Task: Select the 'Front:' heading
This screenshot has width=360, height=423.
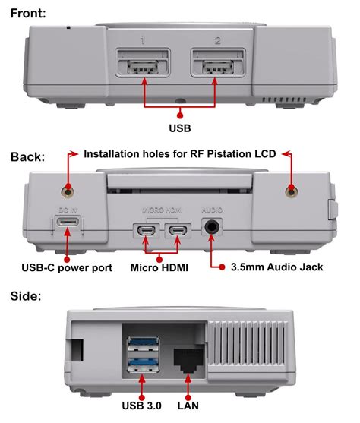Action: [x=29, y=12]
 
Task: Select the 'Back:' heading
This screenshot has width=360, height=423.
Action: [x=27, y=157]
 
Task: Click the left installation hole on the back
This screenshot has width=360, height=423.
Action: [x=69, y=189]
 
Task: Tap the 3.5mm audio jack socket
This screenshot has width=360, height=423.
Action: [x=213, y=227]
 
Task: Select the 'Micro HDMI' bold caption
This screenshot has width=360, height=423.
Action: [x=161, y=267]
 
